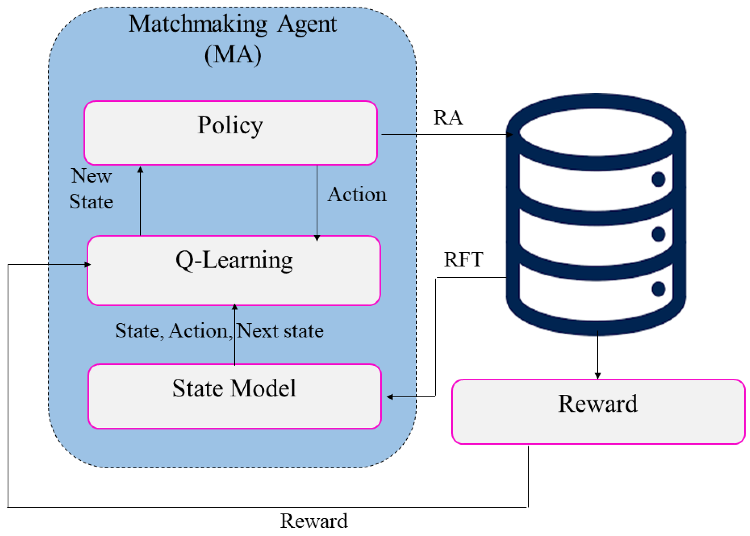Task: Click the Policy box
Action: click(x=230, y=133)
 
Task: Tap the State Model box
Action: click(x=234, y=396)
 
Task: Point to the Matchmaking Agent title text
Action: click(x=232, y=24)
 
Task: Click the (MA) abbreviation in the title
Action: click(x=233, y=55)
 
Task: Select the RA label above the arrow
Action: click(x=448, y=118)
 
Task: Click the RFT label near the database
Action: click(x=463, y=259)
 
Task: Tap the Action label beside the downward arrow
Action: click(x=356, y=195)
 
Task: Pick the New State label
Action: click(x=91, y=189)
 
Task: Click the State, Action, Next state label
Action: click(x=219, y=330)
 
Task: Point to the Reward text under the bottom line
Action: click(x=313, y=521)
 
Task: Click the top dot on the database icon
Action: click(x=658, y=179)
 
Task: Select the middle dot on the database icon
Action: click(x=658, y=234)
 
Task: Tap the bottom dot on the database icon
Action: click(x=658, y=289)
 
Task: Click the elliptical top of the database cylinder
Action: click(x=596, y=132)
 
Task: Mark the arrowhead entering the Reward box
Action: click(x=597, y=376)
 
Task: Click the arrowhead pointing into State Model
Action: click(x=390, y=397)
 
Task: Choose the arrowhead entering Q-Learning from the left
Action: click(x=87, y=264)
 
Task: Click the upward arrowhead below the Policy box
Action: click(x=140, y=170)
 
